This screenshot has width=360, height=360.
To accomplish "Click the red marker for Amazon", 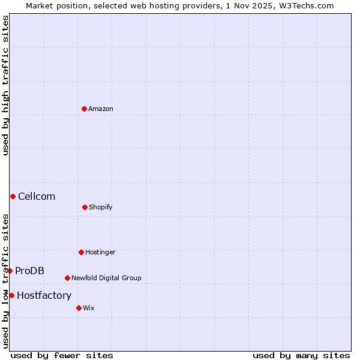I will pos(84,109).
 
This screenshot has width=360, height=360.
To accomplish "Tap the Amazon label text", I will pos(101,109).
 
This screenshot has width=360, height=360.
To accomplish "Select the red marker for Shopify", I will pos(85,207).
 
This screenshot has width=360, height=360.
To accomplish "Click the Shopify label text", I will pos(101,207).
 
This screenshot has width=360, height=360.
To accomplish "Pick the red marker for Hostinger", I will pos(81,252).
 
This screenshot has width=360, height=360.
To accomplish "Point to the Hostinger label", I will pos(100,252).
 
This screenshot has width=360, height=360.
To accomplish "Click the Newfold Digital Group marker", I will pos(67,278).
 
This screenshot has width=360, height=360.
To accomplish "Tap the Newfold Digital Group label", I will pos(106,278).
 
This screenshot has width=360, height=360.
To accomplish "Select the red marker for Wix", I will pos(79,308).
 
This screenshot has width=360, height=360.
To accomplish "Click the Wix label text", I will pos(89,308).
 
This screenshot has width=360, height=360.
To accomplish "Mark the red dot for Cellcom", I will pos(13,196).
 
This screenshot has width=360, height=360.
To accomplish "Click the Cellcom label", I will pos(37,196).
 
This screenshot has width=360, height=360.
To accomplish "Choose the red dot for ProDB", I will pos(10,271).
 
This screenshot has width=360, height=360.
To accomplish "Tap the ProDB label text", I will pos(29,271).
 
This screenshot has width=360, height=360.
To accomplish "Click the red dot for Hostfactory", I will pos(11,295).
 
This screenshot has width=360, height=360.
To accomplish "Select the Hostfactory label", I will pos(44,295).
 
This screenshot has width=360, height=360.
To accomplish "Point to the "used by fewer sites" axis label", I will pos(62,355).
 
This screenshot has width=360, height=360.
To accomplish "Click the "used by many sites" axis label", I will pos(301,355).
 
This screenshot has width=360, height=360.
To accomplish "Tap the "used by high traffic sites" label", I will pos(5,85).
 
